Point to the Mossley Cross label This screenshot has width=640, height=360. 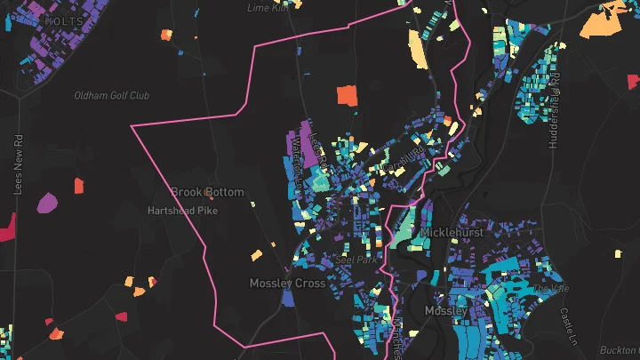(286, 284)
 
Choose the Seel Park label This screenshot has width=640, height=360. (357, 260)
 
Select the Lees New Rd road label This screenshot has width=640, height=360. (17, 164)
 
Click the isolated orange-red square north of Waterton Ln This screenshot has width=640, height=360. (346, 95)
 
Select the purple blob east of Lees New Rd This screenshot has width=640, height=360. (47, 203)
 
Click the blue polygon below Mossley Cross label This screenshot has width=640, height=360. (287, 300)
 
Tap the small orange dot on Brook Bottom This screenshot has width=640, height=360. (208, 190)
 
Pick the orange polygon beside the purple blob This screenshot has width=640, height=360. (77, 186)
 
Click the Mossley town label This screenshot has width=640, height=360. (445, 311)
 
